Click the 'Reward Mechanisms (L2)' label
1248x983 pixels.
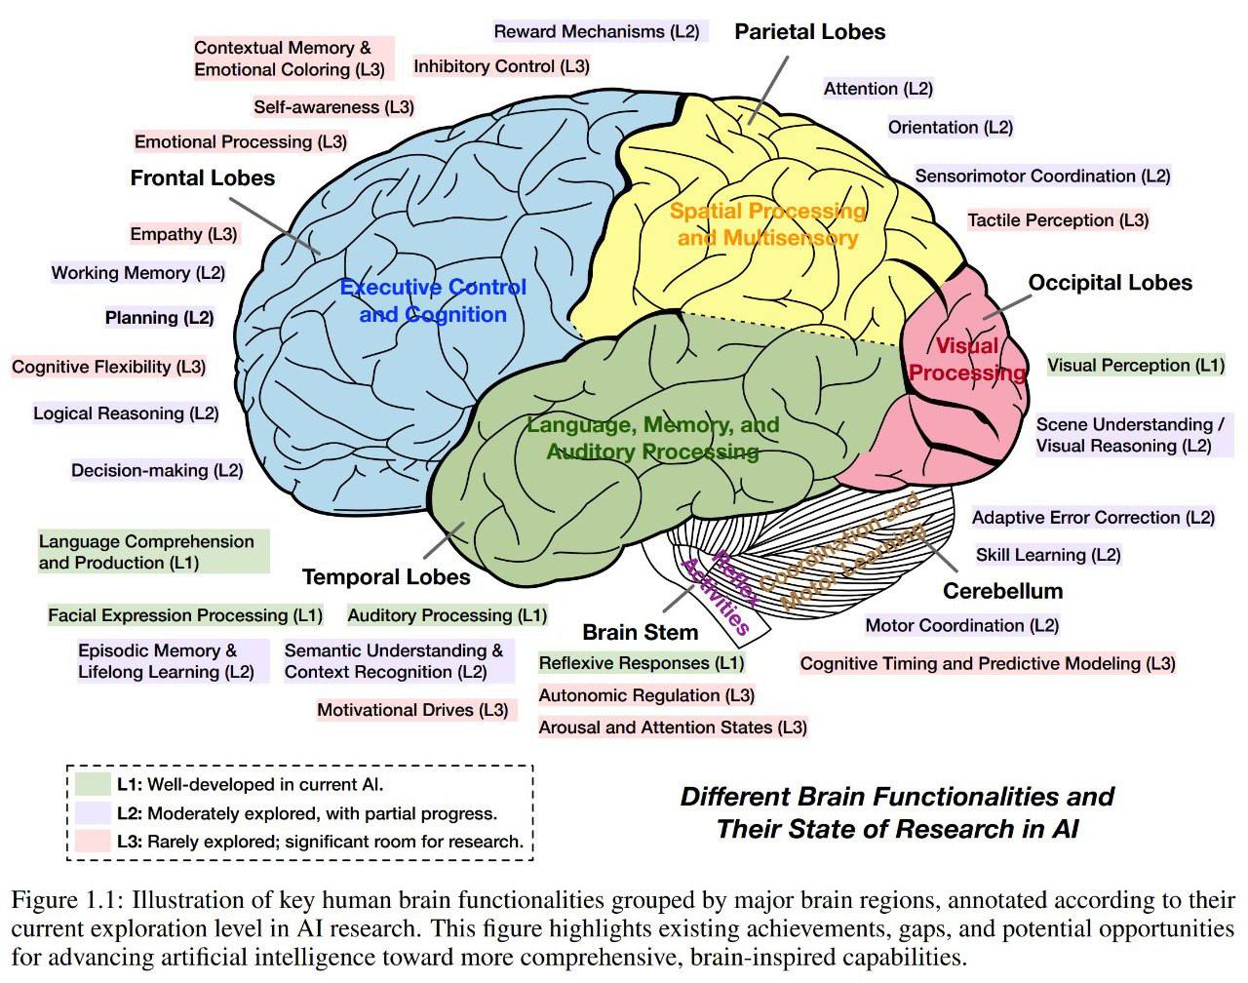pyautogui.click(x=596, y=31)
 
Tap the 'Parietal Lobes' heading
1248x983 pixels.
pyautogui.click(x=809, y=31)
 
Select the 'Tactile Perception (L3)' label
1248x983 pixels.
pyautogui.click(x=1058, y=220)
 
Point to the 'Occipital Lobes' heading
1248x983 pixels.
pyautogui.click(x=1110, y=283)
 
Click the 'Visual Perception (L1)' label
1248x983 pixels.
pyautogui.click(x=1135, y=366)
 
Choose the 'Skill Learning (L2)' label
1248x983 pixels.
pyautogui.click(x=1048, y=555)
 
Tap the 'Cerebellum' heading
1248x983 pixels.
pyautogui.click(x=1002, y=591)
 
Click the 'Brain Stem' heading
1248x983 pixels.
pyautogui.click(x=640, y=632)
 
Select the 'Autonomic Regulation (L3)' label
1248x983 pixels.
pyautogui.click(x=646, y=695)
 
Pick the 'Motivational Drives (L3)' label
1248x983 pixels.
pyautogui.click(x=412, y=710)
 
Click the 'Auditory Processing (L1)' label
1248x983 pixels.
pyautogui.click(x=447, y=615)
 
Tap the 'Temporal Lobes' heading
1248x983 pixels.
pyautogui.click(x=386, y=576)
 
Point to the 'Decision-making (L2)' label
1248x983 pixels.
pyautogui.click(x=156, y=470)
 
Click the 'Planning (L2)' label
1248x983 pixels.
pyautogui.click(x=159, y=318)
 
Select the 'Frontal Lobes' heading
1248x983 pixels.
pyautogui.click(x=203, y=177)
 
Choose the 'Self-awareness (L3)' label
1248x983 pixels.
pyautogui.click(x=333, y=107)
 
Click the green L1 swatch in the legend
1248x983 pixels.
pyautogui.click(x=93, y=784)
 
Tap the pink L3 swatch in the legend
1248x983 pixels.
pyautogui.click(x=93, y=841)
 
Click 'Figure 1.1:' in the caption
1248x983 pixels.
pyautogui.click(x=66, y=899)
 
